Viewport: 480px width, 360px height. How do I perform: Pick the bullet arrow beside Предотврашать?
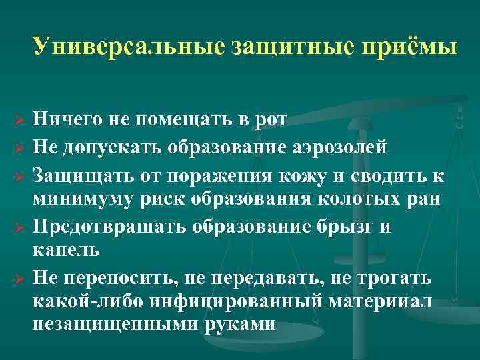coord(20,229)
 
